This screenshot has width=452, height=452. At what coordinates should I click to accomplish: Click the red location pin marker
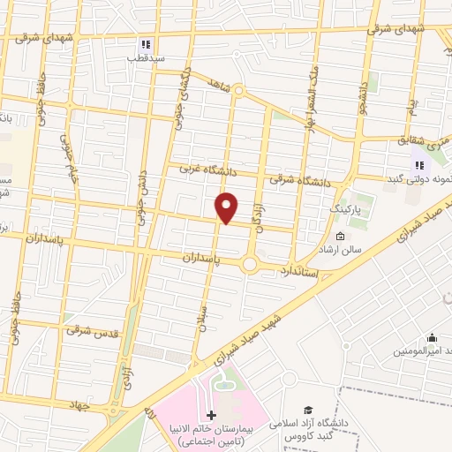pos(228,207)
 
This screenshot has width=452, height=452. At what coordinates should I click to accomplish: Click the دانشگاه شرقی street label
pos(303,181)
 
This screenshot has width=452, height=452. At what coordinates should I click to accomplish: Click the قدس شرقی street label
pos(91,329)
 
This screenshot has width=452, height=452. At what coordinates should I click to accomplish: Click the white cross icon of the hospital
pos(210,414)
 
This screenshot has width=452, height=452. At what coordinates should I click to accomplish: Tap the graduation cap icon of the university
pos(309,409)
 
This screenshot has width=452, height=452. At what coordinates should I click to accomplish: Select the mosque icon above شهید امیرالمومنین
pos(432,337)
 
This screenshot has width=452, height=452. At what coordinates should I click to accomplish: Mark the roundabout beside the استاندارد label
pos(250,264)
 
